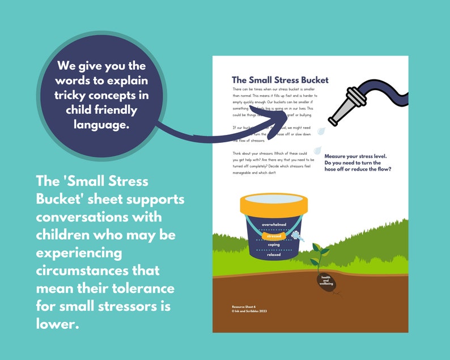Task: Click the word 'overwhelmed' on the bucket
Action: point(274,225)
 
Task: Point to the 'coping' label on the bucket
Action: point(274,244)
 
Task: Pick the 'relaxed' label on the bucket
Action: point(274,255)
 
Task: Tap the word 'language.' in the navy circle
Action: point(101,124)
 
